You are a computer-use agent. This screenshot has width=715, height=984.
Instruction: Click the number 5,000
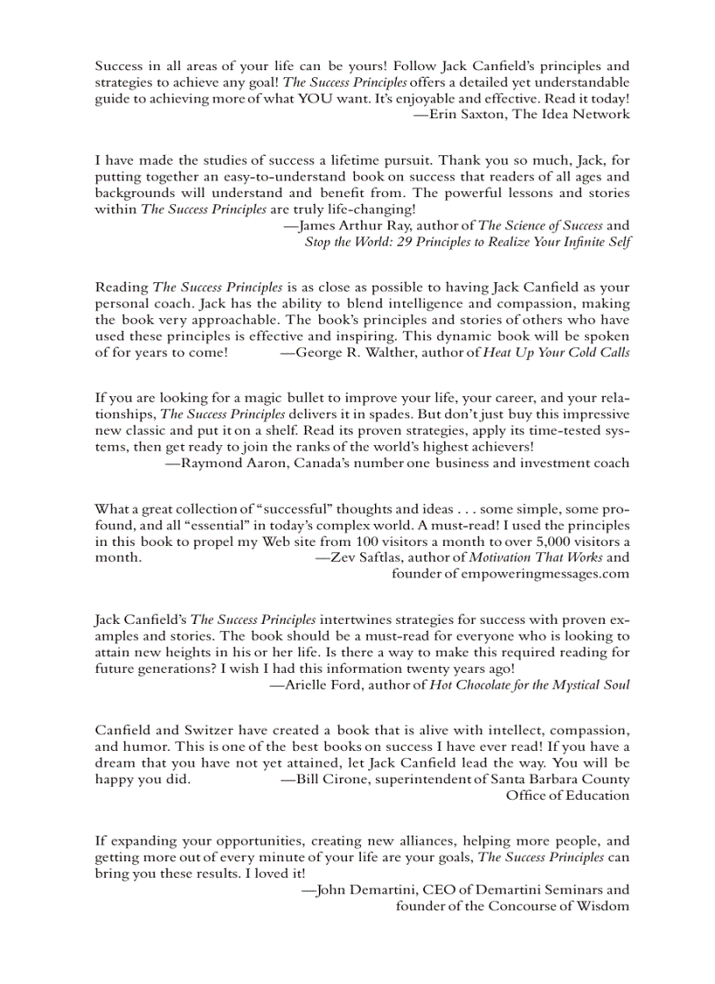click(533, 542)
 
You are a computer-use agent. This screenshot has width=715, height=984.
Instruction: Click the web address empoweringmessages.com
click(542, 573)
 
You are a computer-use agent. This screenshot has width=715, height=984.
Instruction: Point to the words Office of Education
click(567, 795)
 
